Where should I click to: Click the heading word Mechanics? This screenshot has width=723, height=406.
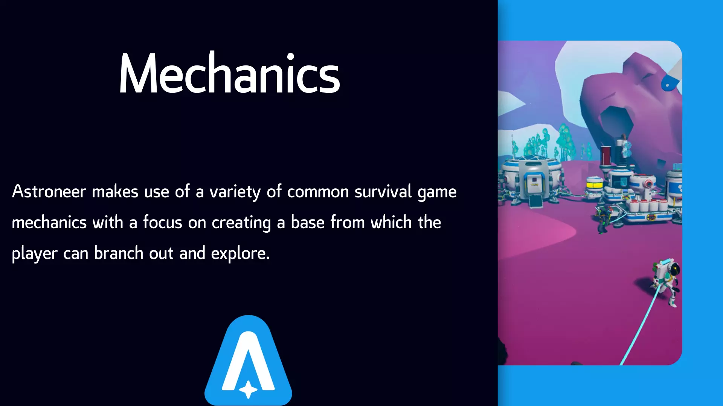coord(229,73)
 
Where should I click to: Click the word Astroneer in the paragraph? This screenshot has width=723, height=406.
coord(49,192)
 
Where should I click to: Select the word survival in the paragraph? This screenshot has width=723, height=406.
coord(383,192)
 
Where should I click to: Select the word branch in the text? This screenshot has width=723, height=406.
coord(119,253)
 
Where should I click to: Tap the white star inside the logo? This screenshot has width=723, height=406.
coord(249,389)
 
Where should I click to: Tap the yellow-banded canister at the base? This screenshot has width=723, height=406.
coord(595,185)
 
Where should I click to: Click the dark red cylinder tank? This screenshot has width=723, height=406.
coord(606,156)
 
